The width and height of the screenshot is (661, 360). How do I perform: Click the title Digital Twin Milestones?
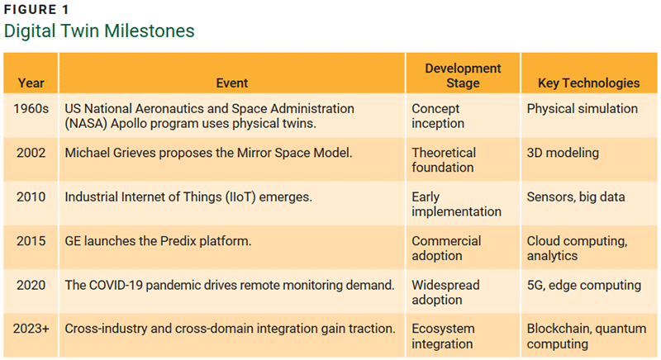tap(99, 31)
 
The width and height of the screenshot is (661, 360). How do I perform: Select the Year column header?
tap(31, 83)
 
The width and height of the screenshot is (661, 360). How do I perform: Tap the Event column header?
tap(231, 83)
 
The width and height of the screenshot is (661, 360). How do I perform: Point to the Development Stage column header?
tap(463, 75)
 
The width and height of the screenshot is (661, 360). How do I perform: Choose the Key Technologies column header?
tap(588, 83)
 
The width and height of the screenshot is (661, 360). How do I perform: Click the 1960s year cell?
tap(31, 109)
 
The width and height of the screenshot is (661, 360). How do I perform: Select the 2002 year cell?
tap(31, 153)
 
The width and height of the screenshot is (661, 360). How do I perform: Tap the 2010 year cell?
tap(31, 197)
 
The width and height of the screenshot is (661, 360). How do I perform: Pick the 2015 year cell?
tap(31, 241)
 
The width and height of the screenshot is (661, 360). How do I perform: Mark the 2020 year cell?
tap(31, 285)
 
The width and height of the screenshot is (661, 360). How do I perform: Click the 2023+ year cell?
tap(31, 329)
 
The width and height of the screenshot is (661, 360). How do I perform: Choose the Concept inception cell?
tap(439, 116)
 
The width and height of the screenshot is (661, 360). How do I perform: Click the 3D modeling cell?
tap(562, 153)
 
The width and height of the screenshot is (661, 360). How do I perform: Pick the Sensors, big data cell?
tap(575, 197)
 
